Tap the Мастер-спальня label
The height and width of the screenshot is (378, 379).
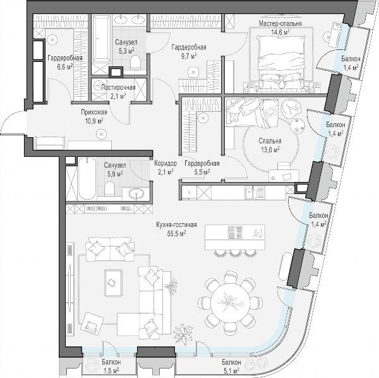point(280,23)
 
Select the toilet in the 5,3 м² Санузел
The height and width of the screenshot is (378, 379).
point(135,62)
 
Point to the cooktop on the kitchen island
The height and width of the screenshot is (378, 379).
point(235,233)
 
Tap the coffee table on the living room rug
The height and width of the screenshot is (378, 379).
point(113,283)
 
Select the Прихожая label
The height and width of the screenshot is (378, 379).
point(93,113)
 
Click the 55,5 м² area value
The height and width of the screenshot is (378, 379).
point(176,233)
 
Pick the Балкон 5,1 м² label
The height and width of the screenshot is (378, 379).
point(231,366)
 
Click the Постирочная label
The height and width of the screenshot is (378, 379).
point(118,87)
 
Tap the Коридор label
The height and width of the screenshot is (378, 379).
point(165,163)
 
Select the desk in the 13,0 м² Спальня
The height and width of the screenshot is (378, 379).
point(284,175)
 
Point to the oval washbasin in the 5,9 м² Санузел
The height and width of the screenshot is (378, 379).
point(136,193)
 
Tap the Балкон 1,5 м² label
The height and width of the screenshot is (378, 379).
point(111,366)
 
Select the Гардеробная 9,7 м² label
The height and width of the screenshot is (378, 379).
point(189,51)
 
